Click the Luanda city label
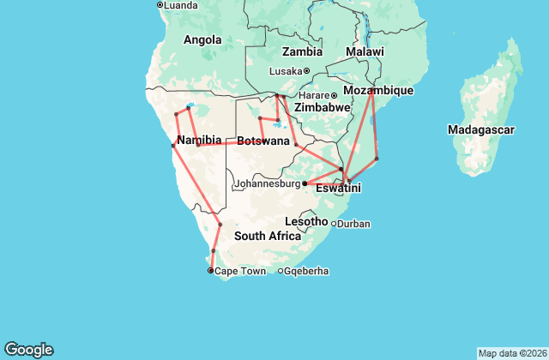pyautogui.click(x=181, y=5)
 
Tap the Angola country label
pyautogui.click(x=202, y=39)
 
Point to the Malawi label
pyautogui.click(x=365, y=52)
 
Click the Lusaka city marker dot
pyautogui.click(x=306, y=71)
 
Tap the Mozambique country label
pyautogui.click(x=378, y=90)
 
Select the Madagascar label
pyautogui.click(x=480, y=129)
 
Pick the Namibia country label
pyautogui.click(x=199, y=140)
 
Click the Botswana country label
pyautogui.click(x=262, y=141)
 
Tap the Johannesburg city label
pyautogui.click(x=267, y=183)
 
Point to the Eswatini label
pyautogui.click(x=338, y=188)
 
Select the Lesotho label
pyautogui.click(x=306, y=221)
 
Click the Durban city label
pyautogui.click(x=353, y=224)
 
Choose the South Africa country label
pyautogui.click(x=268, y=236)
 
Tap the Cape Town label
pyautogui.click(x=240, y=271)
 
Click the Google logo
pyautogui.click(x=29, y=350)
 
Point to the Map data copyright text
pyautogui.click(x=510, y=353)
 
